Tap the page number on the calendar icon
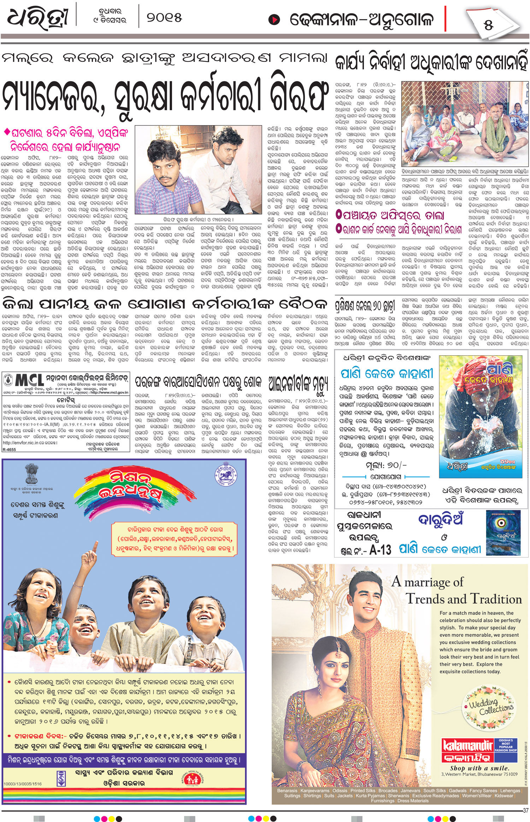[489, 25]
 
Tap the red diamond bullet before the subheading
[6, 132]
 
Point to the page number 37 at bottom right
[525, 810]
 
